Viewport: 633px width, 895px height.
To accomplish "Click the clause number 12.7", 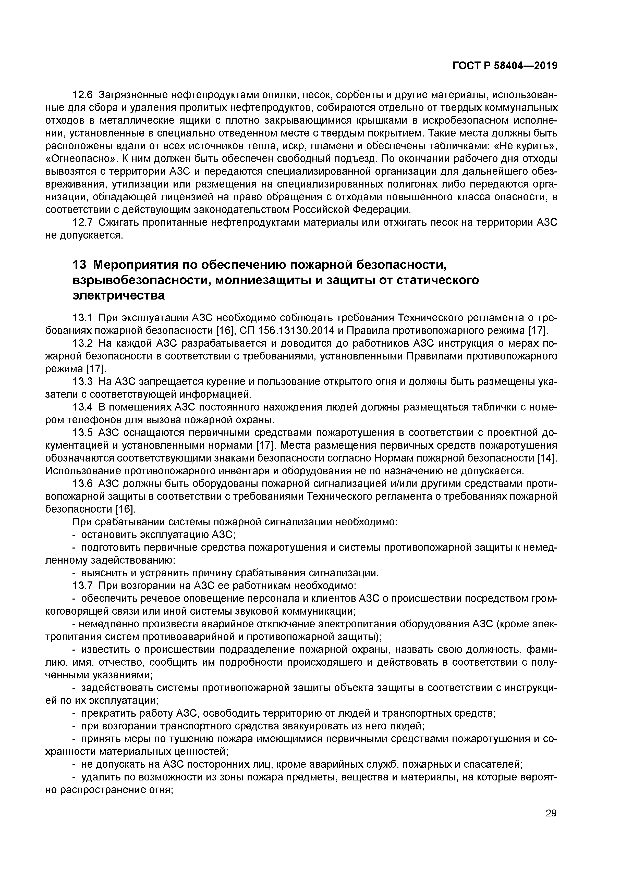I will pyautogui.click(x=83, y=222).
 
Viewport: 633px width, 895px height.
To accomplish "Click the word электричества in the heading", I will pyautogui.click(x=119, y=295).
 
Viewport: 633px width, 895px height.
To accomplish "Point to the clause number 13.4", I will pyautogui.click(x=83, y=407).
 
